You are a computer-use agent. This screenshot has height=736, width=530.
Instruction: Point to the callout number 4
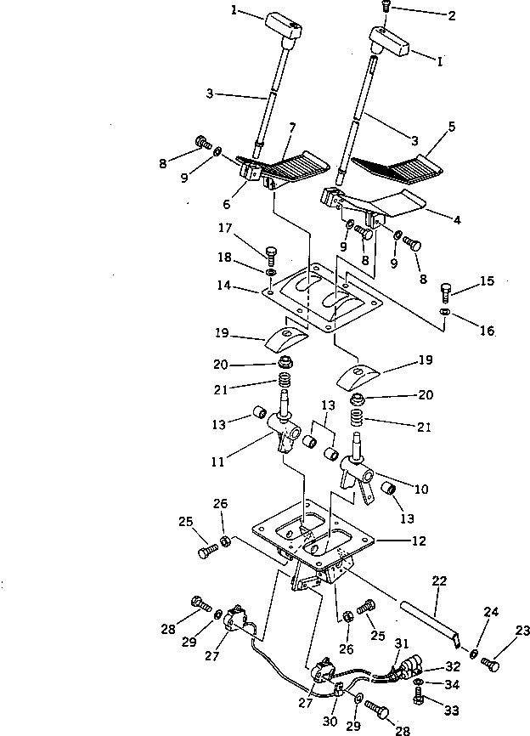tap(457, 220)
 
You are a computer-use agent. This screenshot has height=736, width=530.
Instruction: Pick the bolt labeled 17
tap(271, 252)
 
